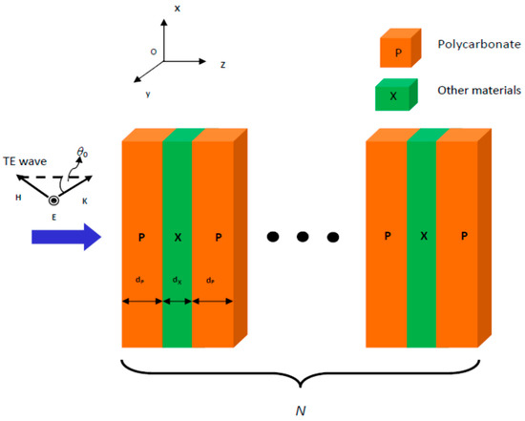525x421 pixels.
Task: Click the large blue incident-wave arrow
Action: tap(61, 234)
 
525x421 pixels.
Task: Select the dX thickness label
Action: tap(177, 281)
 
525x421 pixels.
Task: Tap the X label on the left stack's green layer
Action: tap(178, 235)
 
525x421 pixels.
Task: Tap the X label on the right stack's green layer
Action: tap(422, 234)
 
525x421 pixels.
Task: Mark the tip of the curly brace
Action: tap(301, 386)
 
